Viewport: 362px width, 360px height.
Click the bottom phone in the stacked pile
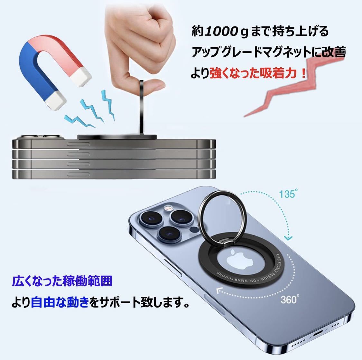coord(114,175)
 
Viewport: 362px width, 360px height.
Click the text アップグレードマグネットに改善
coord(269,52)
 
